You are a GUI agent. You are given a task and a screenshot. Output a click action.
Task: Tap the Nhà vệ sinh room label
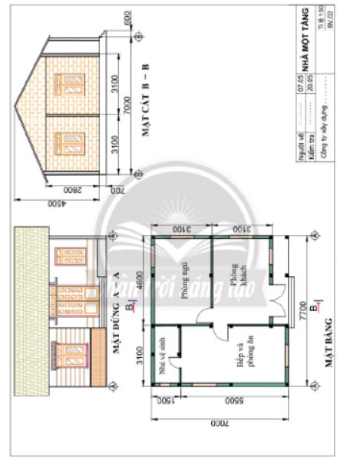(162, 356)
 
